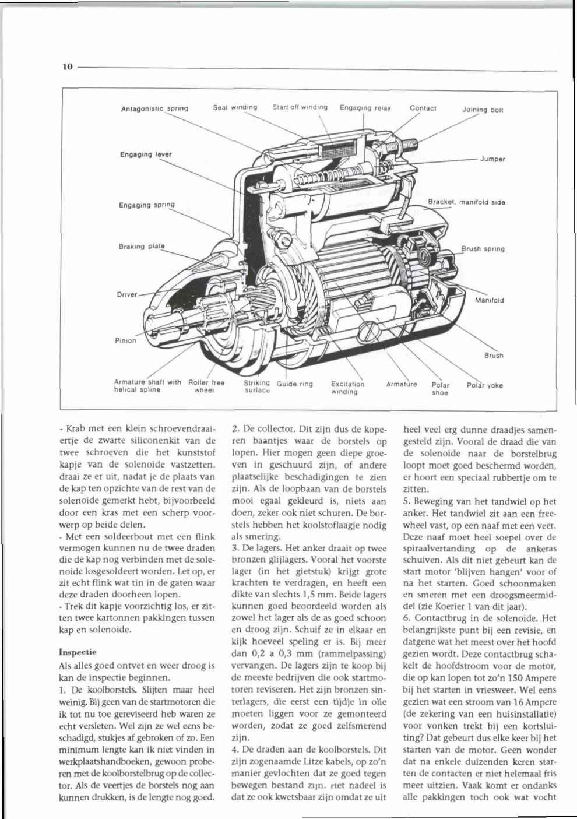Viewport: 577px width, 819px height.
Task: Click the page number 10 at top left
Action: click(67, 67)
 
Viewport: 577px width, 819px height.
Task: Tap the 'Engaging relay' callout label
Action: click(365, 108)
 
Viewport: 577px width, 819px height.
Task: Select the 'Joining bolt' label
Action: click(483, 109)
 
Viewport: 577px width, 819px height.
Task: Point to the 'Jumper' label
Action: click(492, 159)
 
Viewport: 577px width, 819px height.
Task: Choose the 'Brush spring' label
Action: click(483, 249)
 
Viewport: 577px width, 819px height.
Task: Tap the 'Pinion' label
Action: click(125, 340)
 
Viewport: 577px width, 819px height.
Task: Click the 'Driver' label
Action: click(127, 294)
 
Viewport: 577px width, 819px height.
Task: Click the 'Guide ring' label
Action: click(295, 384)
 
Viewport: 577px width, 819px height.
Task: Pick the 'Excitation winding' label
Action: click(347, 388)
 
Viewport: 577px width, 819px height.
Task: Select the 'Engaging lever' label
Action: click(146, 154)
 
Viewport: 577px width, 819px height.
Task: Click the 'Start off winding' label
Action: click(300, 107)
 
